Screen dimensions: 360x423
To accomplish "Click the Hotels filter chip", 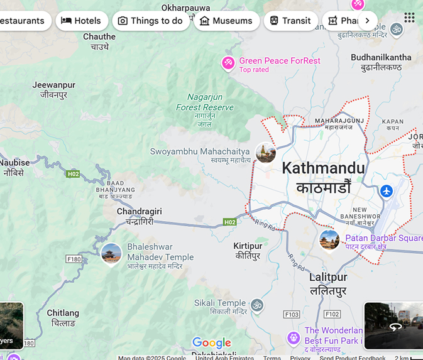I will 81,21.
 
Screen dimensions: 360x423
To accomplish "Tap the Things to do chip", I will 151,21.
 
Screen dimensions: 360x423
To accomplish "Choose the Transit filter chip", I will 290,21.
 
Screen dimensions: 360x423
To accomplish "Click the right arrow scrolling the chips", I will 367,21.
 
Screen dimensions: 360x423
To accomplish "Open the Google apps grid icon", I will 409,18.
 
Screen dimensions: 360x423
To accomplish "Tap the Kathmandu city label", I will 323,168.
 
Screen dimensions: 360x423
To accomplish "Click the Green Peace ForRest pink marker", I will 228,63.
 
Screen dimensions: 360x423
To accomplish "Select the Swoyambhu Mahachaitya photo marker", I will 265,152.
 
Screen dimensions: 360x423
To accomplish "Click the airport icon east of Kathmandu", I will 387,190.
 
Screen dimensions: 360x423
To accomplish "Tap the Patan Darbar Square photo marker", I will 329,239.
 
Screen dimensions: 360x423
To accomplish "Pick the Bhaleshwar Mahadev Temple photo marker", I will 111,254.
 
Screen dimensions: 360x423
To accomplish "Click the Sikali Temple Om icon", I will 256,305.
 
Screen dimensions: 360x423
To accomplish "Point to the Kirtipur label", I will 248,246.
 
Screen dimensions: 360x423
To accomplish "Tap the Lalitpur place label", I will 328,277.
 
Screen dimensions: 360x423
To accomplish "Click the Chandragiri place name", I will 140,212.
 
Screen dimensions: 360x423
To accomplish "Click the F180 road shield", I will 74,259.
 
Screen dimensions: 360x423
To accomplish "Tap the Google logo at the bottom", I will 212,342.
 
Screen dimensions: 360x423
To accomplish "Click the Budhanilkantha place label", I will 381,57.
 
